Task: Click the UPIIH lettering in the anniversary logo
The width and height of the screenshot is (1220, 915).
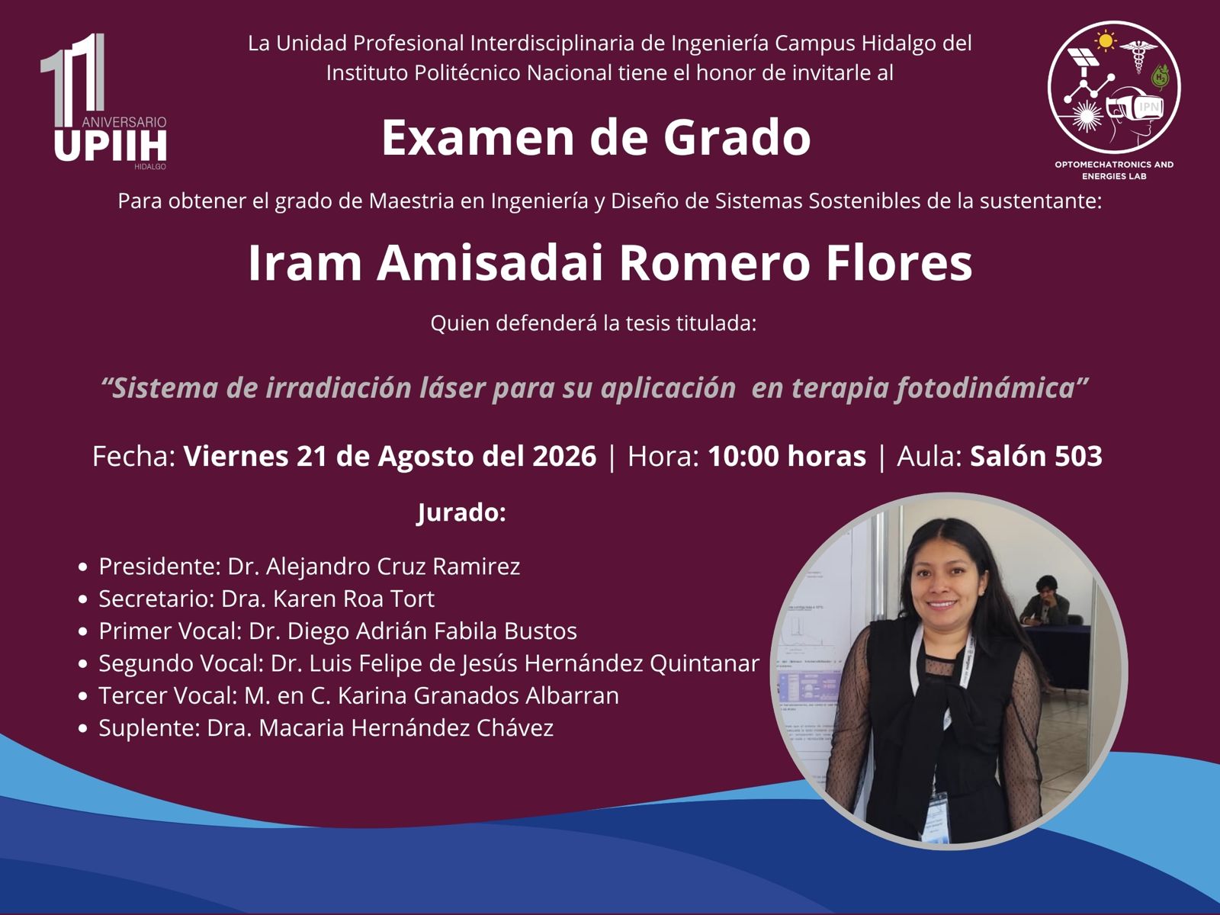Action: pyautogui.click(x=111, y=145)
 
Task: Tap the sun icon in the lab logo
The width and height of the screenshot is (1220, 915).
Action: pyautogui.click(x=1106, y=40)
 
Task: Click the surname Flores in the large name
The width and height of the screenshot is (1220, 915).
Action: pyautogui.click(x=899, y=263)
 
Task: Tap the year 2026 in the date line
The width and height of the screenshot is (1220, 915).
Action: pyautogui.click(x=564, y=456)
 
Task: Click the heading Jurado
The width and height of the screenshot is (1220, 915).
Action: pyautogui.click(x=461, y=512)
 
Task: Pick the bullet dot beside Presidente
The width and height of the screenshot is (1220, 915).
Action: pyautogui.click(x=83, y=567)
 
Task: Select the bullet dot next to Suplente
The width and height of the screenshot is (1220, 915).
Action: pyautogui.click(x=83, y=728)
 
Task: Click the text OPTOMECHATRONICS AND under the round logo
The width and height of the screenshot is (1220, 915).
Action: pyautogui.click(x=1114, y=165)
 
